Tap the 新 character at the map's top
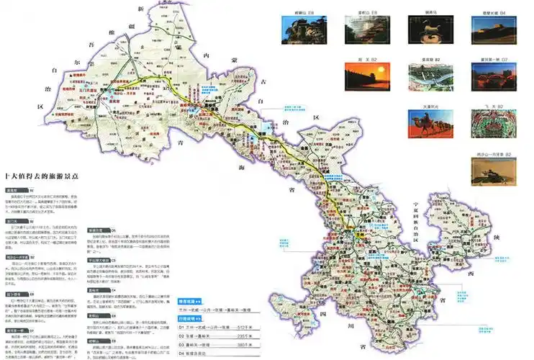pyautogui.click(x=142, y=8)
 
